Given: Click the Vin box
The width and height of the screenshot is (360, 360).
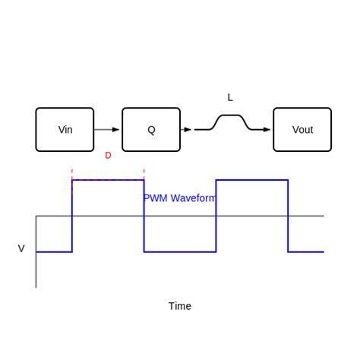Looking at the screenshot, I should click(65, 130).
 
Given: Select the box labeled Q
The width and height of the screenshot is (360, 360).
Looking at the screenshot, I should click(151, 130).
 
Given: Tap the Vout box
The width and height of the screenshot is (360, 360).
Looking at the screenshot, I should click(302, 130).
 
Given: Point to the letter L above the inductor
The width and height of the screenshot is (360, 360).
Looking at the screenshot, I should click(230, 97).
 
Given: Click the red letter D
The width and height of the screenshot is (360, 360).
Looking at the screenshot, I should click(108, 156).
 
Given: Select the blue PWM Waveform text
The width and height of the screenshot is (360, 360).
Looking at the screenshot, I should click(180, 198).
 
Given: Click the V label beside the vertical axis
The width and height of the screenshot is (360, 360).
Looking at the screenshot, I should click(21, 248).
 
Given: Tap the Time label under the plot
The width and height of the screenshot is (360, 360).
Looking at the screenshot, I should click(180, 306).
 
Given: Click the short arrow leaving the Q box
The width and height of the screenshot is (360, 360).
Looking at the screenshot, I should click(187, 130).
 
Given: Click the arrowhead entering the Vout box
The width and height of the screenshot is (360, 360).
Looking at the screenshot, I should click(267, 130).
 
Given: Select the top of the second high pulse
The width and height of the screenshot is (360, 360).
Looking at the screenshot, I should click(252, 180).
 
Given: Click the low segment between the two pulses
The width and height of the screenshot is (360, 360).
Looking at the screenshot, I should click(180, 251).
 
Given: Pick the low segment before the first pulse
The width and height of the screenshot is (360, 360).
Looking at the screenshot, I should click(54, 251).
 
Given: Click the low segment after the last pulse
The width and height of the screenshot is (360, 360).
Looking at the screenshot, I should click(306, 251).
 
